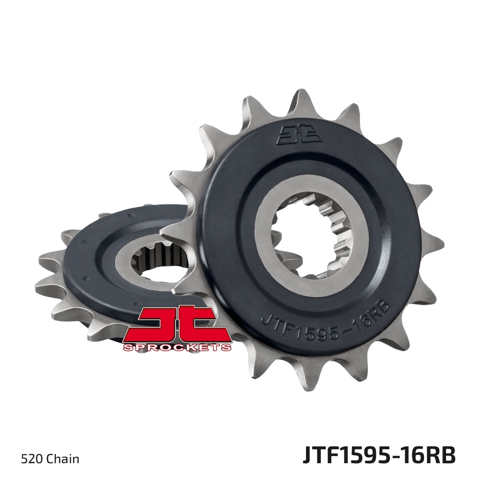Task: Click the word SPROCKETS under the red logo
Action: point(177,347)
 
